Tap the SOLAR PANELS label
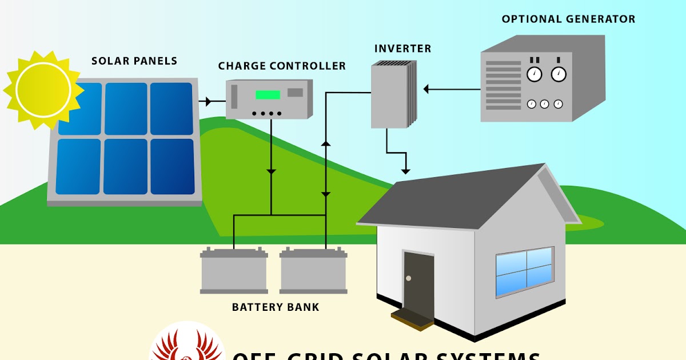134,61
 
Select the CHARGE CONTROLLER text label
282,66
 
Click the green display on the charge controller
268,94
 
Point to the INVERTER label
402,49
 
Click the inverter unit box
392,95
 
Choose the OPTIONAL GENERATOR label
568,19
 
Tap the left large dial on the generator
534,74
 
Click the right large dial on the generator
558,74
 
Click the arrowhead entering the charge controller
208,102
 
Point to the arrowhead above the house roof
405,170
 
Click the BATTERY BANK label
276,307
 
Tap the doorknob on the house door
408,278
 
